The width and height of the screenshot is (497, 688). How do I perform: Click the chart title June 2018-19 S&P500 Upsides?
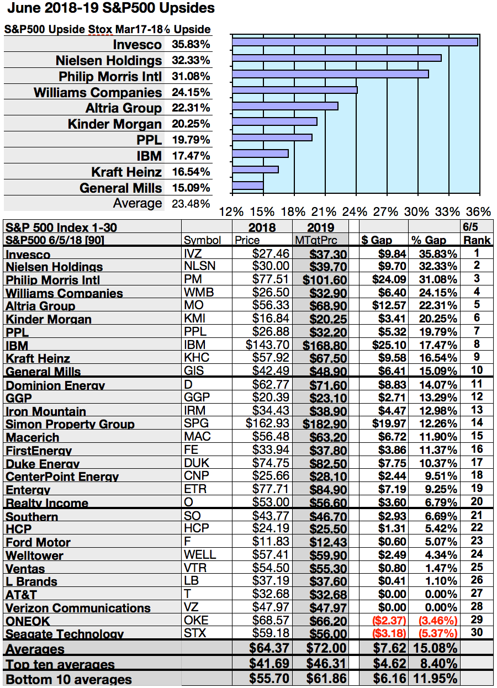(x=109, y=9)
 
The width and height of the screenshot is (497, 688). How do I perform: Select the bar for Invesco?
(x=355, y=42)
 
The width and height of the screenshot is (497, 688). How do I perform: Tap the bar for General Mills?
(x=248, y=186)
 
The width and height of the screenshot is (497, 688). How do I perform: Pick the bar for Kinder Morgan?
(x=274, y=121)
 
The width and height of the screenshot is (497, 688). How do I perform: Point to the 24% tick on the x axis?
(x=355, y=211)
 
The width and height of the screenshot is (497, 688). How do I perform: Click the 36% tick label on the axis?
(x=478, y=211)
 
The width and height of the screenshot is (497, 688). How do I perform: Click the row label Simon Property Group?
(x=70, y=424)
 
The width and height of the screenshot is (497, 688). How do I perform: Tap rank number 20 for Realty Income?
(x=477, y=501)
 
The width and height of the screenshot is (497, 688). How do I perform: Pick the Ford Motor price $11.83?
(x=272, y=542)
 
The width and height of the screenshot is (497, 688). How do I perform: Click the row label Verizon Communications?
(x=78, y=608)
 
